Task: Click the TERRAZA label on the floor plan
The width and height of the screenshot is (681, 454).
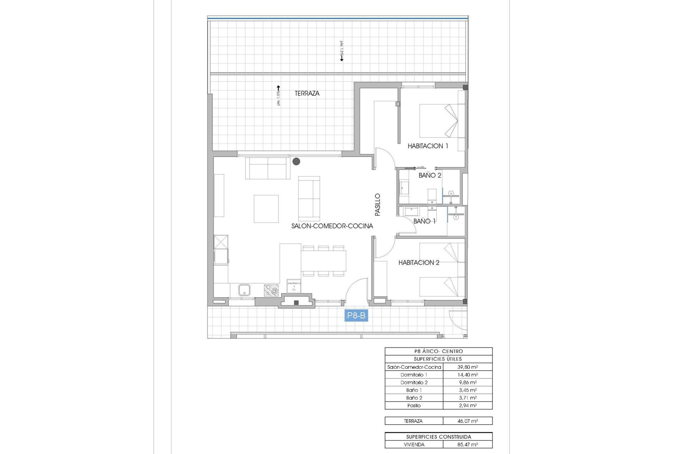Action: [307, 93]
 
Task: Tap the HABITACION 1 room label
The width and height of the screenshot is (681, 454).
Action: [428, 146]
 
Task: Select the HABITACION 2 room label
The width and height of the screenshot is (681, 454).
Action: [419, 262]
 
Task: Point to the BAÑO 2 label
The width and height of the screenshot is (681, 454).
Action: [430, 175]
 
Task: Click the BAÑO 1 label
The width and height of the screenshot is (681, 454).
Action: [424, 221]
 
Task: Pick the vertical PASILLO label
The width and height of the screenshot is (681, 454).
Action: [377, 205]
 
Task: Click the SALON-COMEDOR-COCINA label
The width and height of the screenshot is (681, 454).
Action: [332, 226]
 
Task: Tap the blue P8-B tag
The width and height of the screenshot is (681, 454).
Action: [356, 315]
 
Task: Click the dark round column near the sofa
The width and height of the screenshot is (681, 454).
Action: [296, 162]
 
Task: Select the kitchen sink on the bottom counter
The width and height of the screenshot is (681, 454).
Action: [244, 290]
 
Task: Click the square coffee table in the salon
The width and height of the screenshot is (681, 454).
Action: [266, 209]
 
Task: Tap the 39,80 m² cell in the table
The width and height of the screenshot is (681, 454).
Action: [467, 367]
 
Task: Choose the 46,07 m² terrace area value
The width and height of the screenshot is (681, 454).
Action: [467, 421]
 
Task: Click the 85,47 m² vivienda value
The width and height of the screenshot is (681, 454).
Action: [467, 444]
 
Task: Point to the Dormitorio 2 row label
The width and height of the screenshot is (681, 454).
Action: [414, 382]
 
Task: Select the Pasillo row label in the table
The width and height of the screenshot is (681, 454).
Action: [414, 405]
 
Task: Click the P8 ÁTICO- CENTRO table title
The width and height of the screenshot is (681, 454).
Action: [438, 351]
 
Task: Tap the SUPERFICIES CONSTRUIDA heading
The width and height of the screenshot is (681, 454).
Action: [438, 437]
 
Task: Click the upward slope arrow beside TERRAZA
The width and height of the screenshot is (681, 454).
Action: [278, 88]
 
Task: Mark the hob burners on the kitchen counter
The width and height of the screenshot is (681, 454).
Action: [271, 290]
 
